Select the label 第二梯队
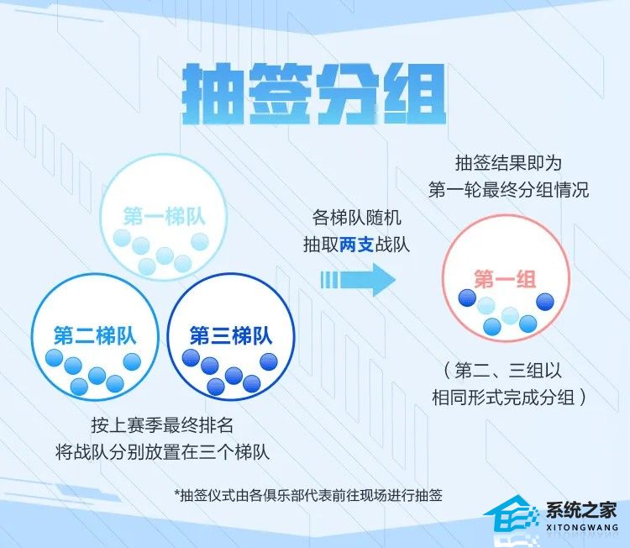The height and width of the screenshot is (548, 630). click(94, 335)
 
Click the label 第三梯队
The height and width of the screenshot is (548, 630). click(231, 335)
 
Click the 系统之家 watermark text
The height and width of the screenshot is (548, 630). click(581, 509)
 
